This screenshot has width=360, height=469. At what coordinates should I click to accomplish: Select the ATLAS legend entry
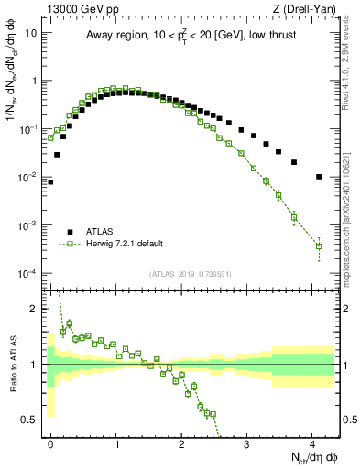pos(100,232)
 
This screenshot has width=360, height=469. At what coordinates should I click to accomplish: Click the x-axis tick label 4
pos(312,442)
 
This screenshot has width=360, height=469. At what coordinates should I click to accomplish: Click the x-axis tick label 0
pos(51,442)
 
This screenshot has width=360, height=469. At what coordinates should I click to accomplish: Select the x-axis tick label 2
pos(181,442)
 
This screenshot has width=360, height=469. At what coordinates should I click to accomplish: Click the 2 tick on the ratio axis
pos(35,309)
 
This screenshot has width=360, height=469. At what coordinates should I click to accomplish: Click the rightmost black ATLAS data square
pos(319,177)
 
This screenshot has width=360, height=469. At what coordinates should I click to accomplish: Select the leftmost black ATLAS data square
pos(50,181)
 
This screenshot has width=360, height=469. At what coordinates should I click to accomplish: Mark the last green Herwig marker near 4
pos(319,246)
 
